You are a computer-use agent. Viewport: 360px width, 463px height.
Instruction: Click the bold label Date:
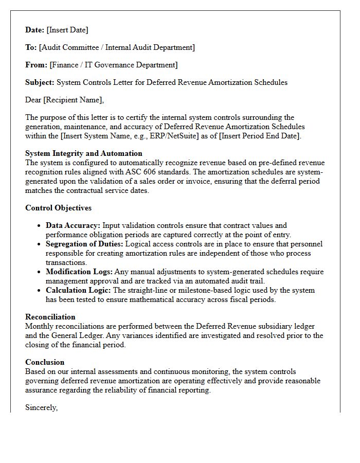click(x=35, y=30)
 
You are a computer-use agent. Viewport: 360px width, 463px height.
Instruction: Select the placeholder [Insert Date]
click(x=67, y=30)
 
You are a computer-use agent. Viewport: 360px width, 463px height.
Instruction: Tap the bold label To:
click(x=31, y=47)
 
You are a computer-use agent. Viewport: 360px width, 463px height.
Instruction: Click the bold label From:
click(x=36, y=65)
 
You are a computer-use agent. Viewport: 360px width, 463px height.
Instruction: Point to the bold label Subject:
click(x=40, y=82)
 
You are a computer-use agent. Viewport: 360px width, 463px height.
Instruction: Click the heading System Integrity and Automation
click(x=84, y=153)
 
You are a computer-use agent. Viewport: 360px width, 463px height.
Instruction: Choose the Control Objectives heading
click(x=59, y=208)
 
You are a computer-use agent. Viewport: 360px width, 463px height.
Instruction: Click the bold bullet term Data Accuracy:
click(x=73, y=225)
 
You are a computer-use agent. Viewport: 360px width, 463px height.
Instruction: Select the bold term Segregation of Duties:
click(x=84, y=244)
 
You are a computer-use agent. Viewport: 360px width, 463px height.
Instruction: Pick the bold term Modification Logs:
click(x=79, y=272)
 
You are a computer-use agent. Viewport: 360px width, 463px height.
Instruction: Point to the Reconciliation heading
click(x=50, y=317)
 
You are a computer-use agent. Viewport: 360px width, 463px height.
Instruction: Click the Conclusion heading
click(x=45, y=362)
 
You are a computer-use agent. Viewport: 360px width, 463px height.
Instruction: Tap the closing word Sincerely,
click(x=42, y=407)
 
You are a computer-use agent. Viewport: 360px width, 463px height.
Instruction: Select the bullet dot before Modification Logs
click(x=40, y=272)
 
